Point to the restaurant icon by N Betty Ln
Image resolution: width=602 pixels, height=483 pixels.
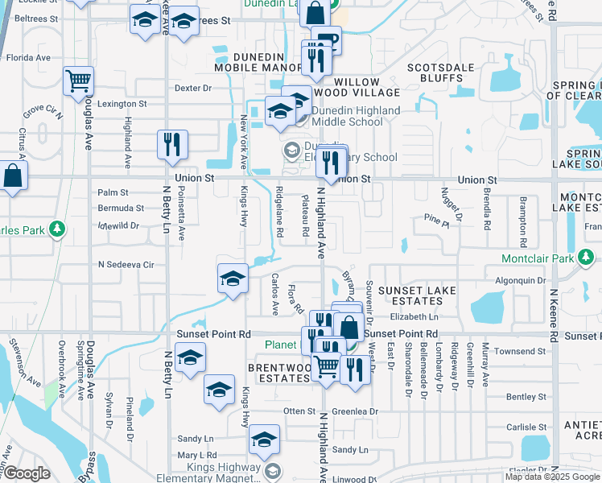[172, 144]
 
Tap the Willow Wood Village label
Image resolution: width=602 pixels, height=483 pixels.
[357, 89]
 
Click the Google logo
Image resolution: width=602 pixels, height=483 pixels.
[26, 473]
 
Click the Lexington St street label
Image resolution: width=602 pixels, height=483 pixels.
[122, 104]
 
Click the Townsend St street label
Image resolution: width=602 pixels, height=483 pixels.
[520, 352]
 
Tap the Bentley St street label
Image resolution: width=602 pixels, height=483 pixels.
[526, 397]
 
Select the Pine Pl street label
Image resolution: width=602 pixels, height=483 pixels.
[436, 219]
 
